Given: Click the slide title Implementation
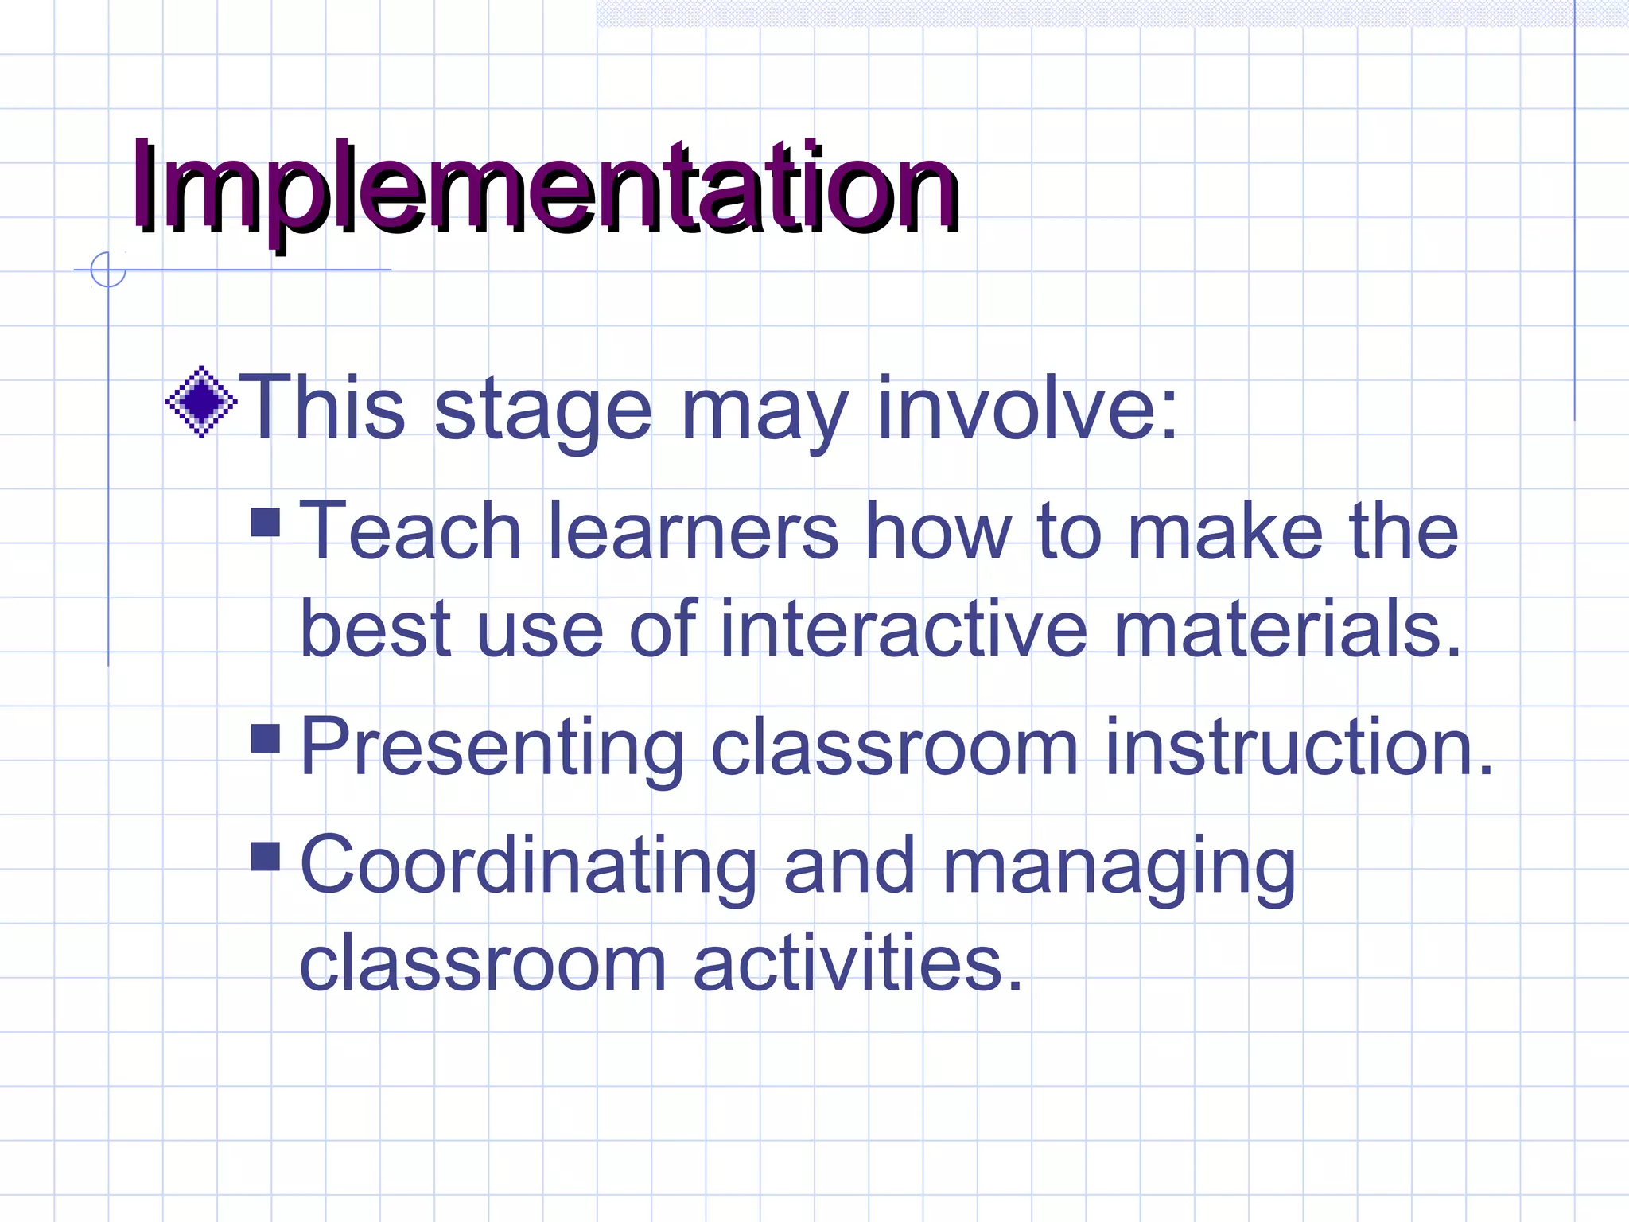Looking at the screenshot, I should point(546,188).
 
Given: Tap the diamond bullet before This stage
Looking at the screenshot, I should point(201,402).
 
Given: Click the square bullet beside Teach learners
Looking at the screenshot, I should point(265,523).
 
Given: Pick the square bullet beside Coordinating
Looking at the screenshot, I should point(265,856).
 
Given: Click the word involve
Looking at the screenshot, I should point(1026,408).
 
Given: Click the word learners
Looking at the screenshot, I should point(693,531).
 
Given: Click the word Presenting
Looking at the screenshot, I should point(492,748).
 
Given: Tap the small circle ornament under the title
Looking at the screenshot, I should point(108,270).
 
